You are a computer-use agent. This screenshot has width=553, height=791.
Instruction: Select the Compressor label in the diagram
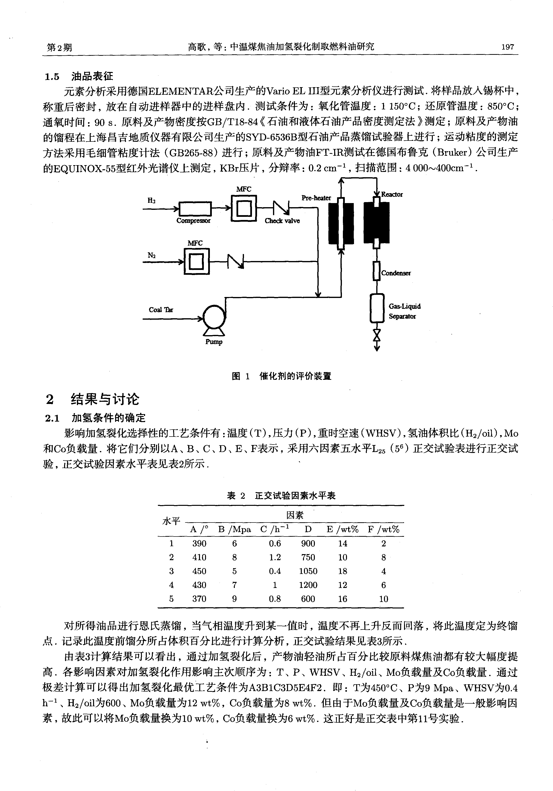click(193, 220)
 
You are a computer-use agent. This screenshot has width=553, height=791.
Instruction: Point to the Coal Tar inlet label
click(161, 310)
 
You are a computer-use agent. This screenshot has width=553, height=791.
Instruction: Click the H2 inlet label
click(151, 200)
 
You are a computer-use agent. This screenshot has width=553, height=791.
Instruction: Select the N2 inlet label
click(151, 255)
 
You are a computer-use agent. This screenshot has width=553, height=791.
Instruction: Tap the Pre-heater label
click(316, 198)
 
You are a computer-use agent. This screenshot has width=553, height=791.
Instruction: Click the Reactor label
click(392, 194)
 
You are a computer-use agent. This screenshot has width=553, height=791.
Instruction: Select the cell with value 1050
click(308, 571)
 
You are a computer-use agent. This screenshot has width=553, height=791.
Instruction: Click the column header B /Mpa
click(235, 530)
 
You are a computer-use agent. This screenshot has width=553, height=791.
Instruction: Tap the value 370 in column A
click(199, 599)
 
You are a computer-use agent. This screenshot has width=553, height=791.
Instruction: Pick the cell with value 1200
click(308, 585)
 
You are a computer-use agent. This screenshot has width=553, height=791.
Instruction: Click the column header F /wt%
click(383, 530)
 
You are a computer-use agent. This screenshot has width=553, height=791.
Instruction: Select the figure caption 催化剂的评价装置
click(295, 376)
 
